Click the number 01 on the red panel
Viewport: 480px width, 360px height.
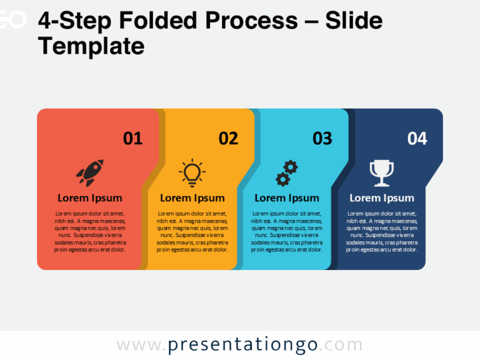tap(133, 138)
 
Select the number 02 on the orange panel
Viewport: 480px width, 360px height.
tap(228, 138)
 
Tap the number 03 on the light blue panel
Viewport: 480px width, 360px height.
tap(322, 138)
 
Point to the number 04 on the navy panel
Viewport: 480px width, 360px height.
tap(417, 138)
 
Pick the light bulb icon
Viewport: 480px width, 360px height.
tap(192, 172)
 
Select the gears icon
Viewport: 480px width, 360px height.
tap(287, 173)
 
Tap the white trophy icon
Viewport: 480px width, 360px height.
tap(382, 173)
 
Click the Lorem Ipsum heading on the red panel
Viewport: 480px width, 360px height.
tap(90, 198)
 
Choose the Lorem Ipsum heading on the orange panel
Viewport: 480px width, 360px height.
tap(192, 198)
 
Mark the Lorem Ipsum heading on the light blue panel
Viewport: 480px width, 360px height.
tap(287, 198)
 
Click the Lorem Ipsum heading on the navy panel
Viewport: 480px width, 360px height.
tap(382, 198)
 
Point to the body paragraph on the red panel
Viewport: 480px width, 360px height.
tap(90, 232)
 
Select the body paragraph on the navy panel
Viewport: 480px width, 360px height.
tap(382, 232)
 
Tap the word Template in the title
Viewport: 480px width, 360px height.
tap(91, 46)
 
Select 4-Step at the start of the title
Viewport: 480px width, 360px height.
tap(72, 22)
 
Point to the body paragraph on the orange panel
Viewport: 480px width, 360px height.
tap(192, 232)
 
